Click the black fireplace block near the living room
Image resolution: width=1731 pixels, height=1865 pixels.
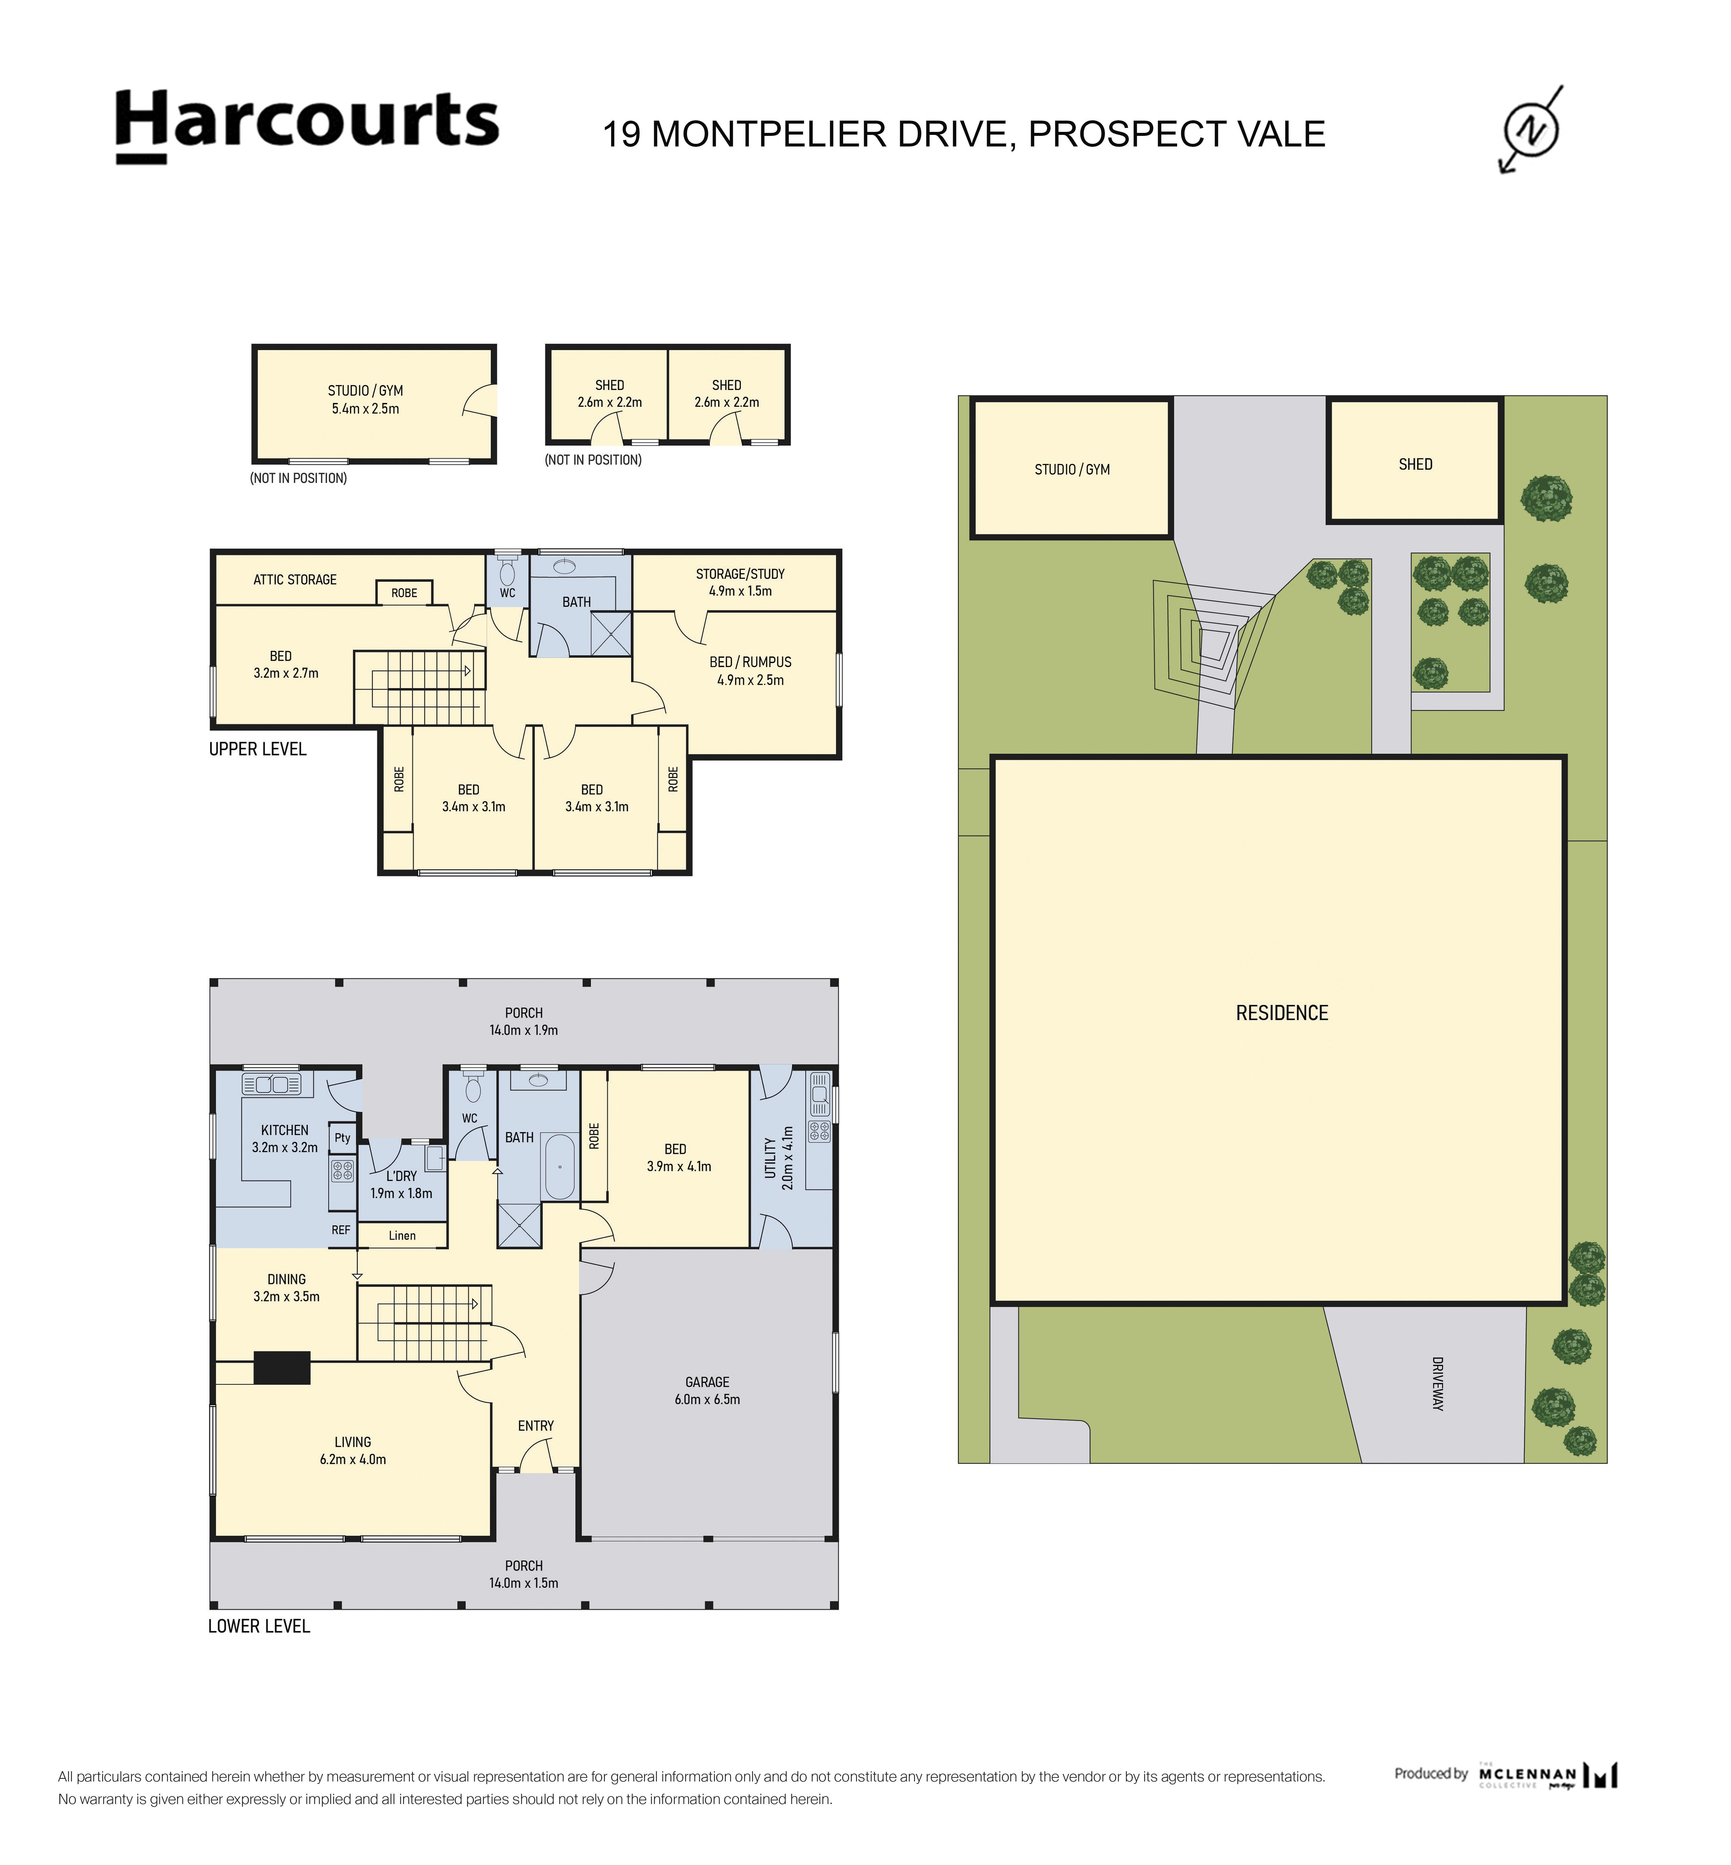tap(282, 1368)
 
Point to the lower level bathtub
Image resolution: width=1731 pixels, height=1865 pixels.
tap(560, 1166)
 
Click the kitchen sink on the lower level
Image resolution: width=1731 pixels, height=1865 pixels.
tap(272, 1084)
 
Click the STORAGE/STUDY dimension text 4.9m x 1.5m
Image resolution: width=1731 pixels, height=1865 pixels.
tap(740, 591)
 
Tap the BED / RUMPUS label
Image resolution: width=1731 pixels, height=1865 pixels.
tap(750, 661)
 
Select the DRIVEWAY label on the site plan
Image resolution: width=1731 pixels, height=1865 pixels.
tap(1438, 1384)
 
